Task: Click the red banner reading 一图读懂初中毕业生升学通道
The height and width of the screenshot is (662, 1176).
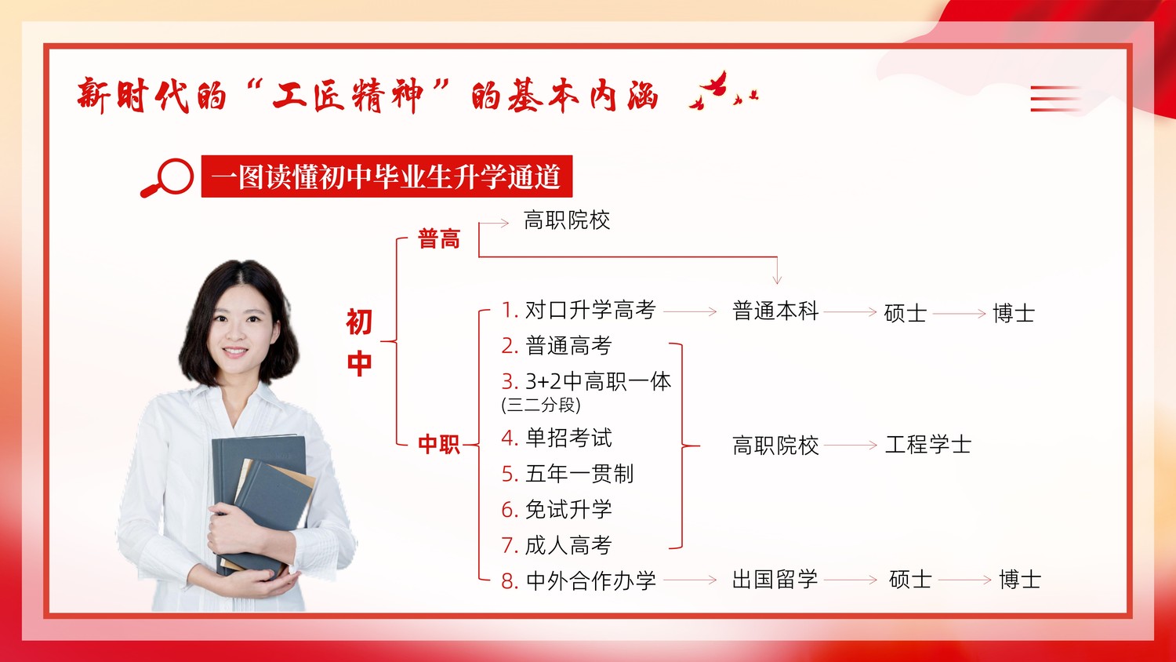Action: [387, 176]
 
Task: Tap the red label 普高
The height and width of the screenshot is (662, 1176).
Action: [439, 238]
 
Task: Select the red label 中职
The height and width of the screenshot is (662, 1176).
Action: [439, 445]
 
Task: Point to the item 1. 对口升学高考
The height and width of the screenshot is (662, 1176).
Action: [579, 310]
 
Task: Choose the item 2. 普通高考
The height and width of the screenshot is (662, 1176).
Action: [557, 346]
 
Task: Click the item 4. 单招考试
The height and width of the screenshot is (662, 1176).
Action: [557, 438]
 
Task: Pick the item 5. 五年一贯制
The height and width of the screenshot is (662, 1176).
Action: [568, 474]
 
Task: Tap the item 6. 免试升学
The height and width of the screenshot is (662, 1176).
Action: [557, 509]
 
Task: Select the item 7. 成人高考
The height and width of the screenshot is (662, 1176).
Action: [557, 545]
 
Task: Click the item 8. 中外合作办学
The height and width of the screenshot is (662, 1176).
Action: [579, 580]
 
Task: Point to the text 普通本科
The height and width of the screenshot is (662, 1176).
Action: [775, 311]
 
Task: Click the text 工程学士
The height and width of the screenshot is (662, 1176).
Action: [928, 445]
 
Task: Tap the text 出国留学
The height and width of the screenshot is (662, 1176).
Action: [775, 579]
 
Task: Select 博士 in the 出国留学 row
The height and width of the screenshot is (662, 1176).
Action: [1019, 580]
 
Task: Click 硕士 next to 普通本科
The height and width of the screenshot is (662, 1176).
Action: [905, 313]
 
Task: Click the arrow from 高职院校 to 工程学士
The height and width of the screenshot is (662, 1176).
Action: [851, 446]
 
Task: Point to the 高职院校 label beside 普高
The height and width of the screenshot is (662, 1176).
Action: [567, 220]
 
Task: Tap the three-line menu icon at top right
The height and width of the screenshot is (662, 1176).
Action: [1055, 99]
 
